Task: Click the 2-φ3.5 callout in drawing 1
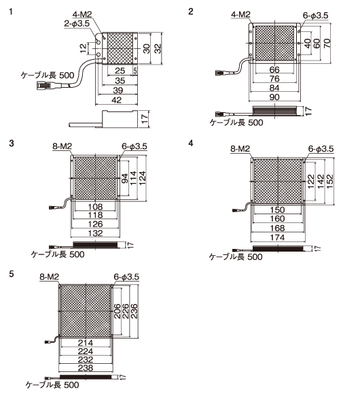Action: click(77, 24)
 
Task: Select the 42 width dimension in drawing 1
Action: click(117, 100)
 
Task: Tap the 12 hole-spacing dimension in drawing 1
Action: click(84, 48)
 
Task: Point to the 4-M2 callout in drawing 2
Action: click(240, 14)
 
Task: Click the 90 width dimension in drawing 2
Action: click(274, 97)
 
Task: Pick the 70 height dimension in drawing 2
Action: click(327, 43)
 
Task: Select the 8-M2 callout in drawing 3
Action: click(62, 146)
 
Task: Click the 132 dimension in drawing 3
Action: click(95, 233)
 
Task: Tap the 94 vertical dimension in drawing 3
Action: click(125, 178)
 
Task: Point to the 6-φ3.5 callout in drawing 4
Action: click(321, 149)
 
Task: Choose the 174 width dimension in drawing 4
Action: click(277, 237)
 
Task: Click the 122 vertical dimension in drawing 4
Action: click(310, 181)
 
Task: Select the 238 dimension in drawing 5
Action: click(86, 368)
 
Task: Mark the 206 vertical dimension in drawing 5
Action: click(117, 311)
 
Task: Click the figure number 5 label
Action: click(11, 274)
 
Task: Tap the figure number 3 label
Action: click(11, 143)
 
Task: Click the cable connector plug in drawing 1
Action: click(44, 85)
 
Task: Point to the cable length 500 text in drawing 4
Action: click(236, 256)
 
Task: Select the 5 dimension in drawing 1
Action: click(135, 71)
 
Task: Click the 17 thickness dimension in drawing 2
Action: click(308, 111)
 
